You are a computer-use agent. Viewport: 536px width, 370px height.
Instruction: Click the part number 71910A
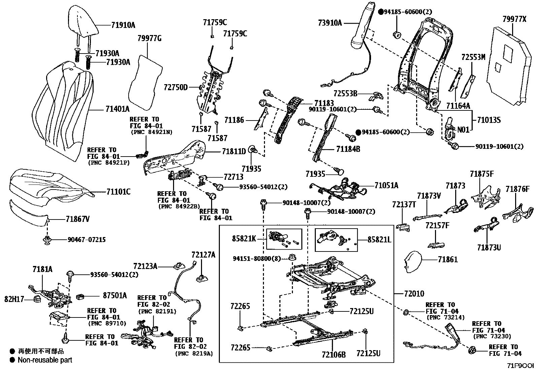123,25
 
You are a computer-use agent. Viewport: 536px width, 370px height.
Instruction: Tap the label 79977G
149,38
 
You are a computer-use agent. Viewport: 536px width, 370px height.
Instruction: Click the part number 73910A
330,23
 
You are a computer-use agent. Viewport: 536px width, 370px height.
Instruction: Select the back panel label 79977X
514,19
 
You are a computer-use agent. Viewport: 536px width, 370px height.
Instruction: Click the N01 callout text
463,130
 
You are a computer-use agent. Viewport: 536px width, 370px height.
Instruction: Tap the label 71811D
234,152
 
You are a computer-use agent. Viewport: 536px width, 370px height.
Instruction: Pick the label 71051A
386,185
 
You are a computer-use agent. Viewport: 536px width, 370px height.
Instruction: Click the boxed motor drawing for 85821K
284,239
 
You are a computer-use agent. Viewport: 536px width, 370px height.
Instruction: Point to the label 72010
412,294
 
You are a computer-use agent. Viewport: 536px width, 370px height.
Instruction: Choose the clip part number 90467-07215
87,240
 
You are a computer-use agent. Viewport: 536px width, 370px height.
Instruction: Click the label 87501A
115,296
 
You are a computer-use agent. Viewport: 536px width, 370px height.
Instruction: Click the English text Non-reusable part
45,360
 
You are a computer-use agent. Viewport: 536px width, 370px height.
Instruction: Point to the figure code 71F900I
520,366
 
